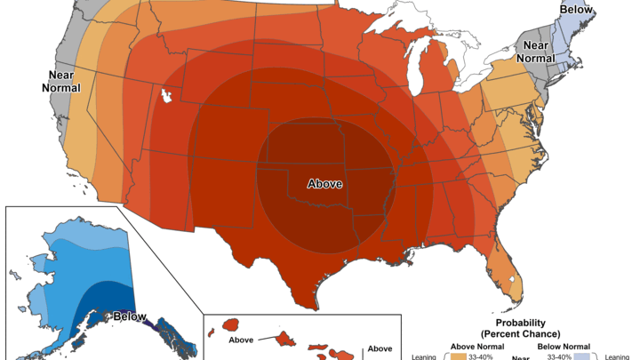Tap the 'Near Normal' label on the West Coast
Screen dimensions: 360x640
[60, 82]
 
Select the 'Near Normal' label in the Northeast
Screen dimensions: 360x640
[535, 52]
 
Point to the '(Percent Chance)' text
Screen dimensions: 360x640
[518, 333]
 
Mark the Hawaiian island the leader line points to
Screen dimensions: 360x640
[287, 339]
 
